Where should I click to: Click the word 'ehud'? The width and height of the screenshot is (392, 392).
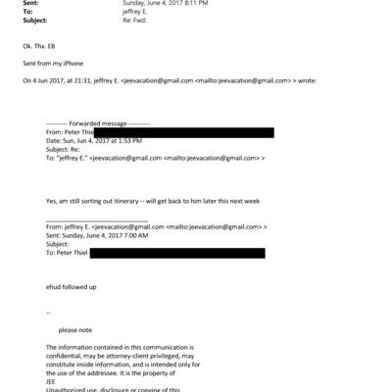(x=56, y=287)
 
